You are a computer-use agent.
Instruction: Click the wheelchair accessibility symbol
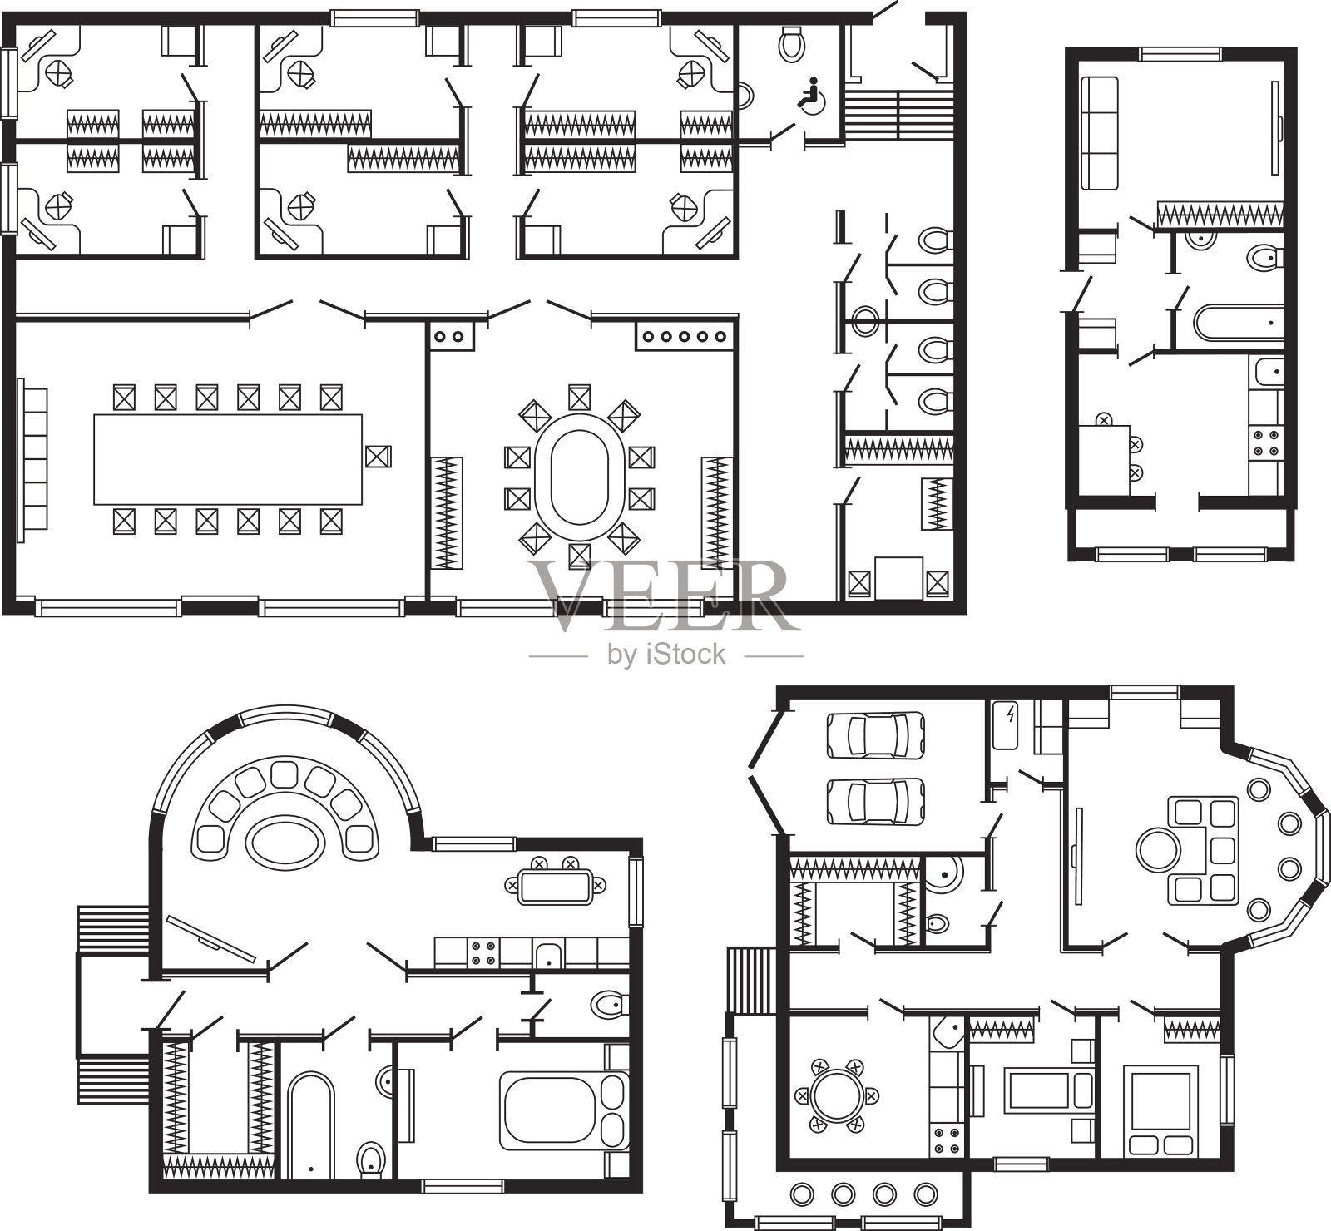(809, 93)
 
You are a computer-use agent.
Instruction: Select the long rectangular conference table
(229, 459)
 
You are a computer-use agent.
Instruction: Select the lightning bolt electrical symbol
(1011, 714)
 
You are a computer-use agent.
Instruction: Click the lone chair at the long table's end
(379, 457)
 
